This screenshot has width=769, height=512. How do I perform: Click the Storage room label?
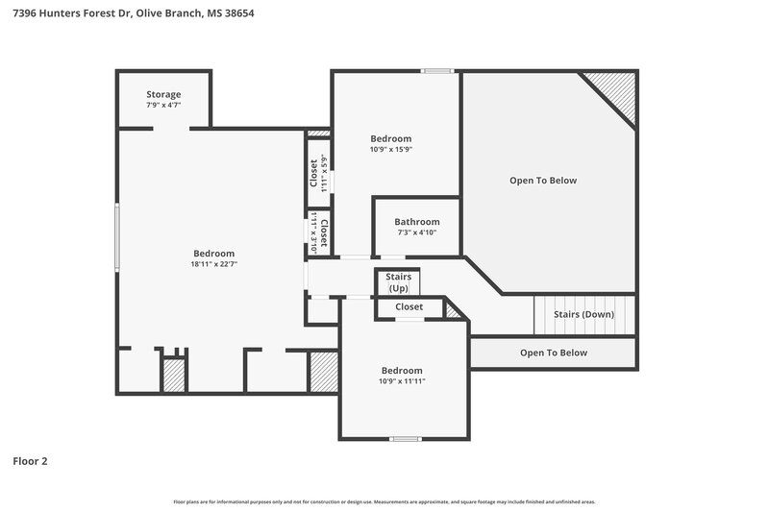[163, 94]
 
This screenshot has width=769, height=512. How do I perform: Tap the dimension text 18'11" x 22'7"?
[213, 264]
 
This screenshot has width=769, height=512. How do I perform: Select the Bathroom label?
[416, 221]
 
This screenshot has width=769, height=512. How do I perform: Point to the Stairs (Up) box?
[398, 282]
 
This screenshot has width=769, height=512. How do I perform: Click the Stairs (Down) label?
[583, 314]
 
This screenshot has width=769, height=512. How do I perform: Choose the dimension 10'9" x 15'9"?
[390, 150]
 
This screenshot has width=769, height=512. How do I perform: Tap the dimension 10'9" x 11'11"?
[402, 381]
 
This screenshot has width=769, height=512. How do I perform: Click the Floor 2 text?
[30, 461]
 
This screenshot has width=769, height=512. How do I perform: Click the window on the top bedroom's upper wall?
[438, 70]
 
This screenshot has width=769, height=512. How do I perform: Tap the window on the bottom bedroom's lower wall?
[405, 439]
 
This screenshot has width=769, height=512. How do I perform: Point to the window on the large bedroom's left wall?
[117, 237]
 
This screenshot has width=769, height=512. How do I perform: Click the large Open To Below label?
[543, 181]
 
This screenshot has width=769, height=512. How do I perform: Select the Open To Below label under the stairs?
[553, 353]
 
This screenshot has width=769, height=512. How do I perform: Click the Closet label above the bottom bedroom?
[409, 307]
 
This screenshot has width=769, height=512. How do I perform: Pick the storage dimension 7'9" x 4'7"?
[163, 105]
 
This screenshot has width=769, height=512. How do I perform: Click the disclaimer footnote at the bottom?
[384, 501]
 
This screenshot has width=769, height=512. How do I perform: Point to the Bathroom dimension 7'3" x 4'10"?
[416, 232]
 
